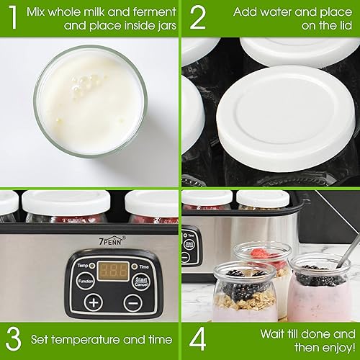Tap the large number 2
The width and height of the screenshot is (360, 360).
[197, 19]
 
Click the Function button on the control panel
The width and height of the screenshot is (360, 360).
[86, 282]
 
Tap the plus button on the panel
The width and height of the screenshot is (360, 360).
[94, 302]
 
